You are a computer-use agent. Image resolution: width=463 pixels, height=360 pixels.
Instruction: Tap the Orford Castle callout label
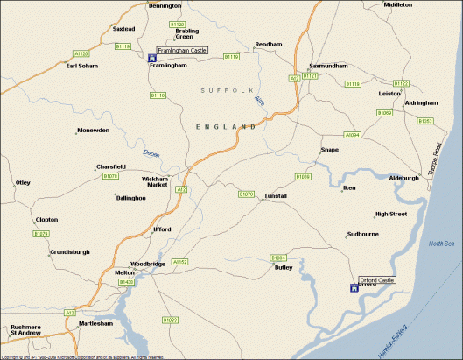point(376,279)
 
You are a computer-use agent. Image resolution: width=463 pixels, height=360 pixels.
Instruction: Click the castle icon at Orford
point(354,287)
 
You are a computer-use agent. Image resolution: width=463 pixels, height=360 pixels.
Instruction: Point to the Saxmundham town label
point(328,67)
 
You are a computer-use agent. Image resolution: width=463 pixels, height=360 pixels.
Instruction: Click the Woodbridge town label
point(147,264)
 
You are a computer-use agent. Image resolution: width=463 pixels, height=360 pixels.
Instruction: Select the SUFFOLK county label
point(225,90)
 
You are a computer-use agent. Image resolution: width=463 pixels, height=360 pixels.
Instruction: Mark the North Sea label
point(443,243)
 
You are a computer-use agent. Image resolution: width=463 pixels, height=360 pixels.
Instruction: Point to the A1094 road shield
point(352,135)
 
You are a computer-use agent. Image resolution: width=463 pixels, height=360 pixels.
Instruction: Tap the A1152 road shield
point(180,261)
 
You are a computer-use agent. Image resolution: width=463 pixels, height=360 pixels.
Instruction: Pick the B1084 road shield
point(278,258)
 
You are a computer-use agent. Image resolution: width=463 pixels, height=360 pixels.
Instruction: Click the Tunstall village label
point(275,196)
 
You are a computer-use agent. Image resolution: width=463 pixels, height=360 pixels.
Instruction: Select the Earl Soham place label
point(82,66)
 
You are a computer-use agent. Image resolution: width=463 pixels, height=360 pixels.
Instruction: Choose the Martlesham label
point(96,323)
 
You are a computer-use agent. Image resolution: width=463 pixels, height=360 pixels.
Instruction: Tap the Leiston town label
point(389,93)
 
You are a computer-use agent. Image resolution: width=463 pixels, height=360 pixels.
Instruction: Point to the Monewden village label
point(93,131)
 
